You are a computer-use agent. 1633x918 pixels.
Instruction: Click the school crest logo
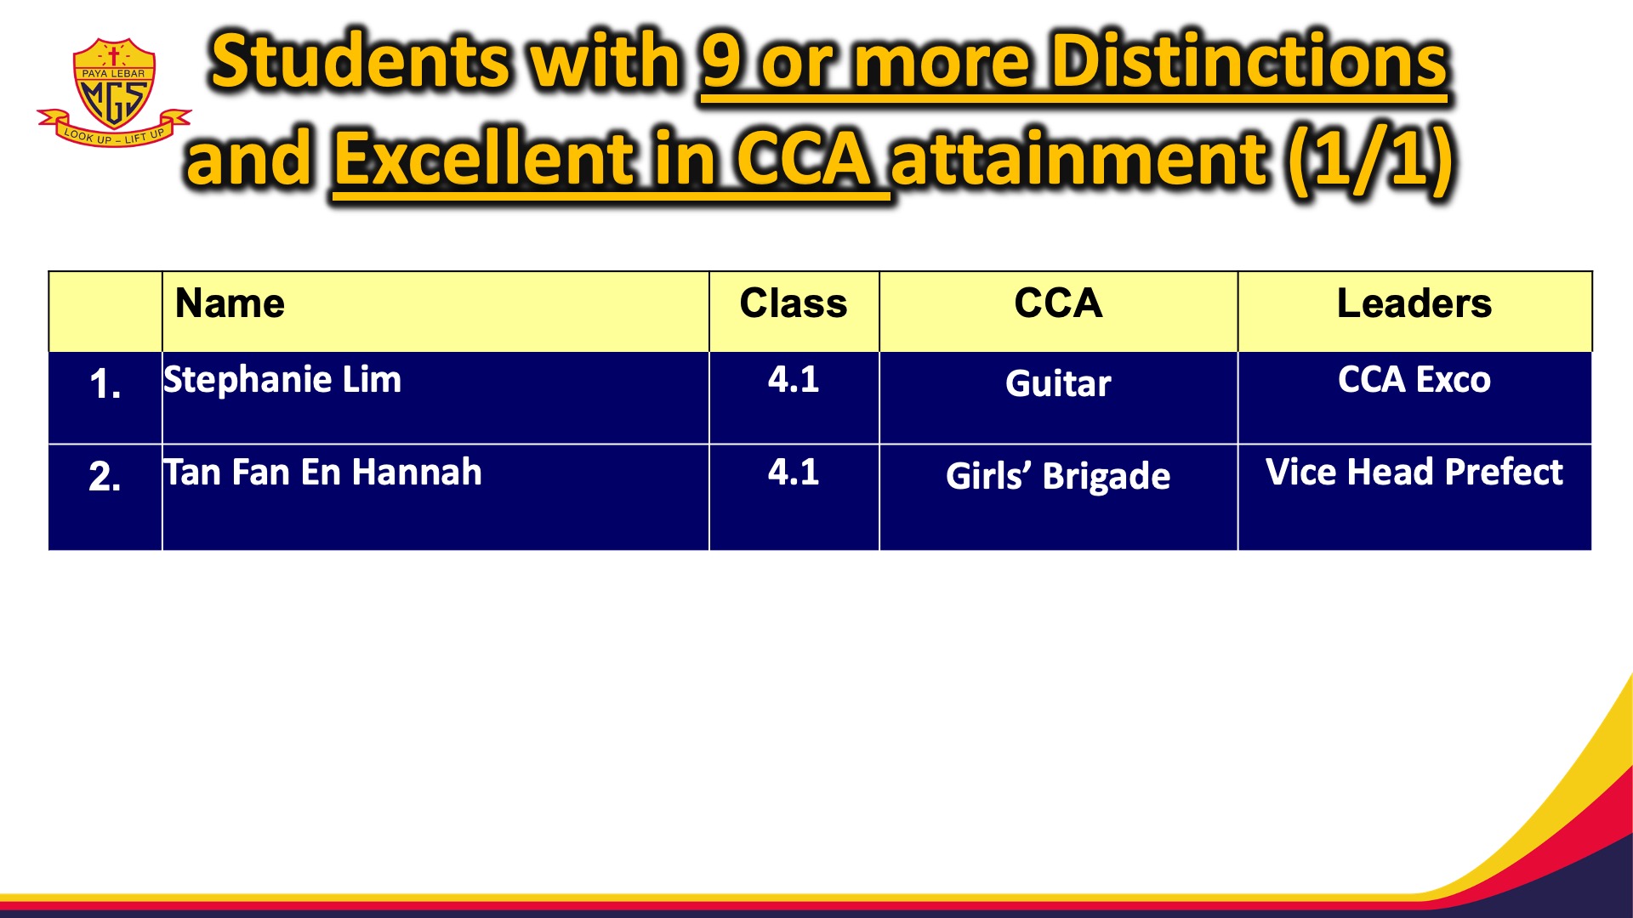[114, 92]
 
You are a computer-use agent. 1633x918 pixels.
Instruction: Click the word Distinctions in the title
[1249, 61]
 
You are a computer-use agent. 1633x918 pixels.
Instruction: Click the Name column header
[230, 303]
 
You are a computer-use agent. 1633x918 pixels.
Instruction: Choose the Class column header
[794, 303]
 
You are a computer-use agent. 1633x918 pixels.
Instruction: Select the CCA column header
[1058, 303]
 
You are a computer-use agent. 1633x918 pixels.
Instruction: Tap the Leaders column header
[1414, 303]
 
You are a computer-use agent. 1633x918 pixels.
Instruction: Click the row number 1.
[105, 384]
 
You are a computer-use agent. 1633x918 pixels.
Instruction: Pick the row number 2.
[105, 477]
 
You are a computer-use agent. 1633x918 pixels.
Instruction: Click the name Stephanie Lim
[282, 380]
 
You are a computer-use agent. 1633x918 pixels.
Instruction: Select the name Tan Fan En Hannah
[323, 473]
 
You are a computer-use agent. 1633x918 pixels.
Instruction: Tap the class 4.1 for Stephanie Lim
[794, 379]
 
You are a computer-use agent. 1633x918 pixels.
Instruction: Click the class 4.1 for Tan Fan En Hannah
[794, 472]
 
